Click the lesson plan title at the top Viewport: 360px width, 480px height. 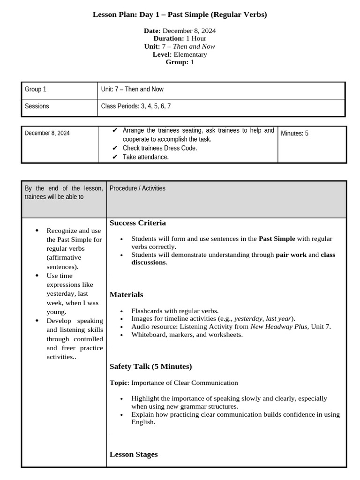180,15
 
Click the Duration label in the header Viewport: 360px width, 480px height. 169,38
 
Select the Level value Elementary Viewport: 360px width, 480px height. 190,54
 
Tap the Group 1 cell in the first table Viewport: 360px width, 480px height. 36,89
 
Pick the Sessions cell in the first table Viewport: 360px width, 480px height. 37,106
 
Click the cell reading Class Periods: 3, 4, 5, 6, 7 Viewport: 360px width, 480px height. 136,106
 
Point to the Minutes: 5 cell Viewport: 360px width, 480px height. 294,134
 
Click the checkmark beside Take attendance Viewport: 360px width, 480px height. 115,157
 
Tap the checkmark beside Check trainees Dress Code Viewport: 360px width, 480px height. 115,148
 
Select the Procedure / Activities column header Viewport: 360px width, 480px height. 137,188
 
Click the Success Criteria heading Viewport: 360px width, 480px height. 138,223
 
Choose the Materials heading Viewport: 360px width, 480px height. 126,295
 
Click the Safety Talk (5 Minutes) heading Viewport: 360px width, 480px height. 150,367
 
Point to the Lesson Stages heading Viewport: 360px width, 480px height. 134,454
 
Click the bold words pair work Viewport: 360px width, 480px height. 291,255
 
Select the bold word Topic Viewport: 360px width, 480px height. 118,383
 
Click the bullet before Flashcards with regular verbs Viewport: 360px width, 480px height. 122,311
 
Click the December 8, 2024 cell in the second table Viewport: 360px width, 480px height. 47,133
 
